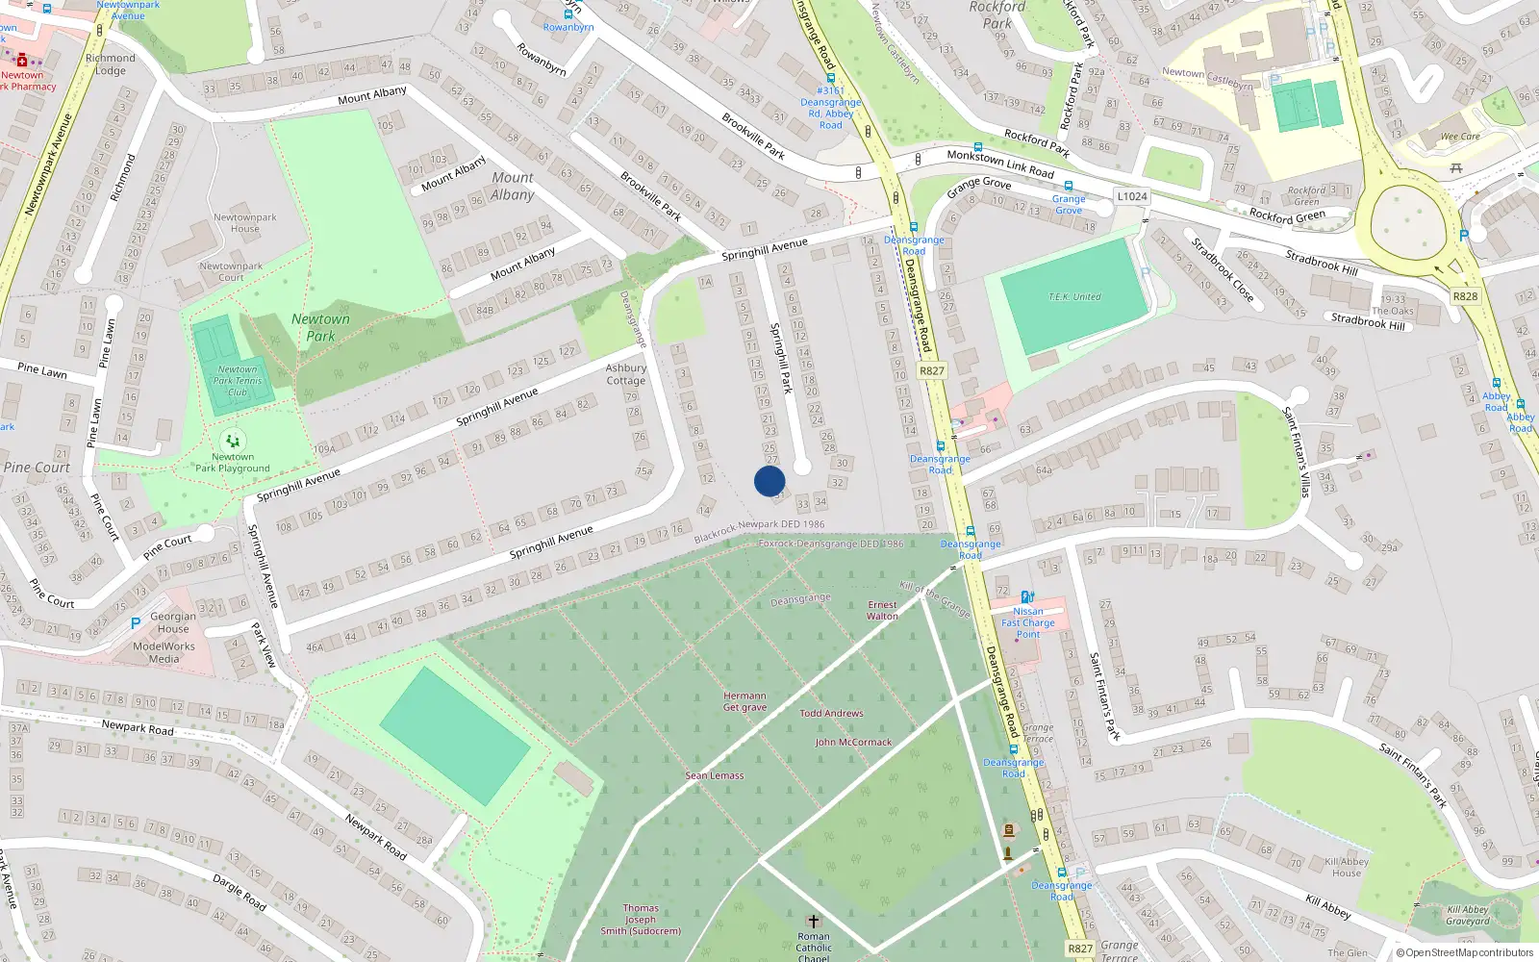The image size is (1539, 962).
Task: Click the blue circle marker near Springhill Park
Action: pyautogui.click(x=769, y=481)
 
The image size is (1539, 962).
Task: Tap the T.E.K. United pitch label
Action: pyautogui.click(x=1074, y=297)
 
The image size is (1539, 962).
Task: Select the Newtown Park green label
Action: pyautogui.click(x=320, y=327)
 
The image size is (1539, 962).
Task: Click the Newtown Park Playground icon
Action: pyautogui.click(x=232, y=442)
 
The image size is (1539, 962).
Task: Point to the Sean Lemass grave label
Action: pyautogui.click(x=714, y=775)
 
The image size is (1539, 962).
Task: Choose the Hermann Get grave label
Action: pyautogui.click(x=744, y=701)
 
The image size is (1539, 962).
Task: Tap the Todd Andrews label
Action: pyautogui.click(x=831, y=714)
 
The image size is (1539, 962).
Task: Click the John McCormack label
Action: pyautogui.click(x=853, y=743)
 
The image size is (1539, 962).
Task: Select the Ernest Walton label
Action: pyautogui.click(x=882, y=611)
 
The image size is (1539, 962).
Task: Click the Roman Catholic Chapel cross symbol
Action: pyautogui.click(x=813, y=922)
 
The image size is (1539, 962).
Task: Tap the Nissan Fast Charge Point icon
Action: pyautogui.click(x=1027, y=597)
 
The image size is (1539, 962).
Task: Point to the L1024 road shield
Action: pyautogui.click(x=1132, y=196)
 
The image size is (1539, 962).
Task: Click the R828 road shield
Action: pyautogui.click(x=1465, y=296)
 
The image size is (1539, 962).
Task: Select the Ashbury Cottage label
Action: pyautogui.click(x=626, y=374)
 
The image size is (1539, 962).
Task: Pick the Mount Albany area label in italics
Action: pyautogui.click(x=513, y=186)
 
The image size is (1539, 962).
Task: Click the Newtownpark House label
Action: pyautogui.click(x=245, y=223)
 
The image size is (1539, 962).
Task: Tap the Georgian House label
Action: pyautogui.click(x=173, y=622)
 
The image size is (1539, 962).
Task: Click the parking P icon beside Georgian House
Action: pyautogui.click(x=136, y=623)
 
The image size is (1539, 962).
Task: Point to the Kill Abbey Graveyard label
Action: pyautogui.click(x=1468, y=915)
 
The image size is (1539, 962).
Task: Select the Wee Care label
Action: pyautogui.click(x=1459, y=137)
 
